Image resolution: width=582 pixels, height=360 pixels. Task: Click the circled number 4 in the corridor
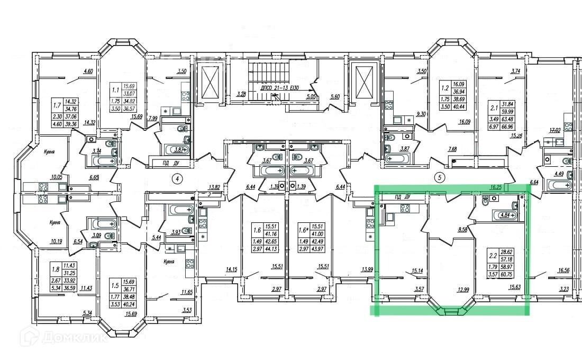[x=178, y=178]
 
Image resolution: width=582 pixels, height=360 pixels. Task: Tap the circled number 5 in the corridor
[x=439, y=177]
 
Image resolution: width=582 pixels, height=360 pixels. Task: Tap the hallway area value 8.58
[x=458, y=230]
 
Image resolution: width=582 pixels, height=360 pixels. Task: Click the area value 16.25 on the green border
[x=496, y=187]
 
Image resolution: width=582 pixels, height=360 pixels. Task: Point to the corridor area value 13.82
[x=214, y=187]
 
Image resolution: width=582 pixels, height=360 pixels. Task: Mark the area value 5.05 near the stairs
[x=311, y=97]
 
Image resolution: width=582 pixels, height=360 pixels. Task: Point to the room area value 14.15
[x=231, y=269]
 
